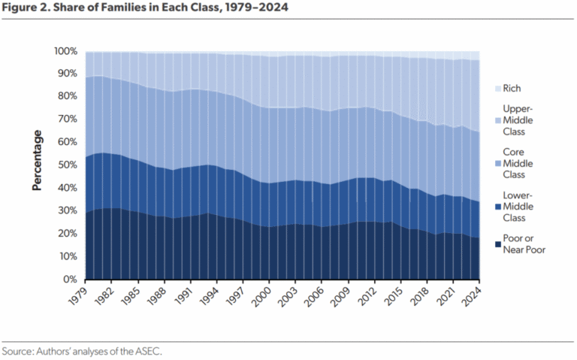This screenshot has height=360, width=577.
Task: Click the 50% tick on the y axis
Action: coord(66,165)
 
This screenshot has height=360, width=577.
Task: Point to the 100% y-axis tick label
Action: coord(64,51)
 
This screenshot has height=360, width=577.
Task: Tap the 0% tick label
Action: coord(68,280)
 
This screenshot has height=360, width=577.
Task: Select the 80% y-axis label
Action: coord(66,96)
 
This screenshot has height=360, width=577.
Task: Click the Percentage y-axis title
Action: coord(37,161)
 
